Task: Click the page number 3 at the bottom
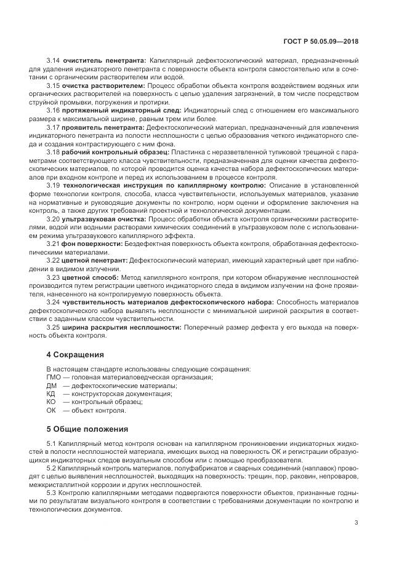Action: (356, 523)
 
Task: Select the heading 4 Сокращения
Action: (76, 355)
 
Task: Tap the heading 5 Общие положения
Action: (87, 429)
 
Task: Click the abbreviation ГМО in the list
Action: (54, 377)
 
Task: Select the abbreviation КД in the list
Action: (51, 394)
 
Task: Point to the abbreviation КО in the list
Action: (51, 402)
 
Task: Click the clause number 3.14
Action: (54, 60)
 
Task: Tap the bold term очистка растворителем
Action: (102, 85)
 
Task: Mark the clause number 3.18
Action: (54, 151)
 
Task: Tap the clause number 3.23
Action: (54, 277)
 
